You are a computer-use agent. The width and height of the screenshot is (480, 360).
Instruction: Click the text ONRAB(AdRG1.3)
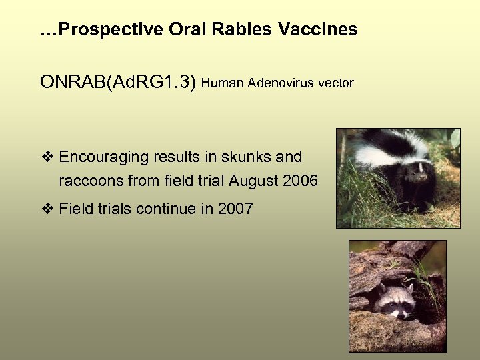coord(118,83)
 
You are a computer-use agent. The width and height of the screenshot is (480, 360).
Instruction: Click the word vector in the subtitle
coord(335,83)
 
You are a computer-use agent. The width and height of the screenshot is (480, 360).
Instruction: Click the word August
coord(254,181)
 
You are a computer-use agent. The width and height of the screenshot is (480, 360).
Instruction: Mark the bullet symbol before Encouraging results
coord(47,157)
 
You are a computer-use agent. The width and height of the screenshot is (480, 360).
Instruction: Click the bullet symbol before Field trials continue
coord(47,209)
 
